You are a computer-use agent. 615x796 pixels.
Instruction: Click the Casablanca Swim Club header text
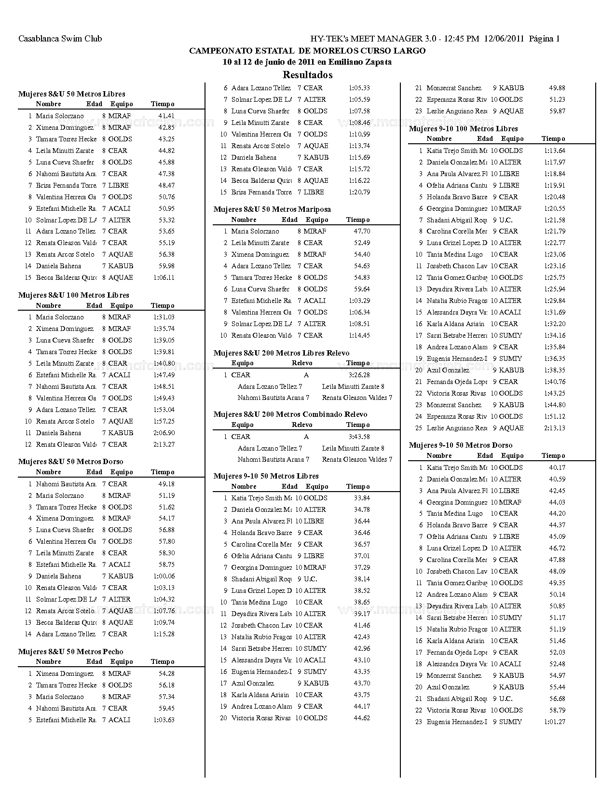[x=60, y=39]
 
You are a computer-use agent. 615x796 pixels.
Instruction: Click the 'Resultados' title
[x=307, y=75]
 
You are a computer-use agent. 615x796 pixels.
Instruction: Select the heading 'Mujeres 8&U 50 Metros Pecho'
[x=71, y=652]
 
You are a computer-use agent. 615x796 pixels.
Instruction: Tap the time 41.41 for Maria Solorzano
[x=166, y=116]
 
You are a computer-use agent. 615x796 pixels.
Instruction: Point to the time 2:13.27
[x=164, y=444]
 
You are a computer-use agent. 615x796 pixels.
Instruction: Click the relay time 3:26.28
[x=359, y=375]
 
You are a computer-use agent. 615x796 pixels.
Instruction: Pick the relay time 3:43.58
[x=359, y=437]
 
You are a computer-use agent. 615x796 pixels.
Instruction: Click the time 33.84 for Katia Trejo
[x=362, y=498]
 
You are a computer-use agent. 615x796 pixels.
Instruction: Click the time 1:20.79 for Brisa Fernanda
[x=359, y=192]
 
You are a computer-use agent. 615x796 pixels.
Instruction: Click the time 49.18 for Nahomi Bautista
[x=166, y=484]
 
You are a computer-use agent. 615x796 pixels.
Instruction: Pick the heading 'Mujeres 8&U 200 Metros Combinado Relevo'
[x=290, y=414]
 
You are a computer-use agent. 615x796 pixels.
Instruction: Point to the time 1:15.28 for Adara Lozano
[x=164, y=634]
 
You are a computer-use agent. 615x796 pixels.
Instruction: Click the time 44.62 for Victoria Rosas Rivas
[x=362, y=718]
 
